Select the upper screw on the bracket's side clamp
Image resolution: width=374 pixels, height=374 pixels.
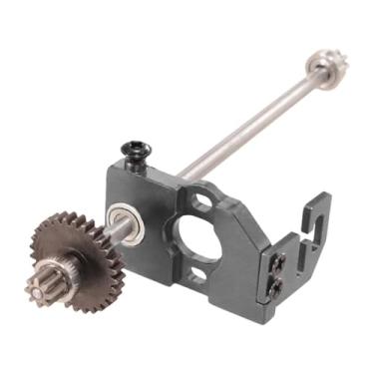[280, 262]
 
